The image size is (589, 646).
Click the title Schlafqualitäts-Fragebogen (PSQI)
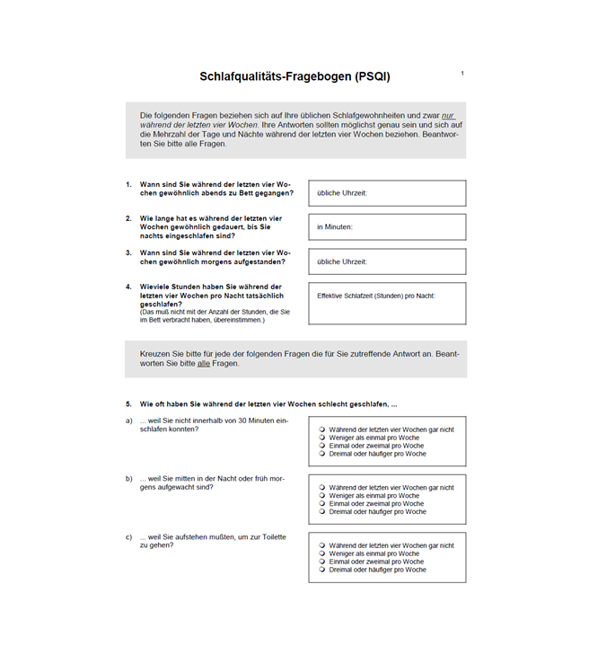(294, 77)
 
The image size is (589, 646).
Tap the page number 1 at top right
(462, 74)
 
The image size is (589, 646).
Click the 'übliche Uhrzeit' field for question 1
(387, 193)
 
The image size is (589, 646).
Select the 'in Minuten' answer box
(387, 227)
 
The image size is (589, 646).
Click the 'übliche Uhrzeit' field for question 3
(387, 261)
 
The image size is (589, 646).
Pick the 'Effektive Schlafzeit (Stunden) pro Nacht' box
(387, 304)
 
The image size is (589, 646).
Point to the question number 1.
(128, 184)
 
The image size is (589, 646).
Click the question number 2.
(128, 218)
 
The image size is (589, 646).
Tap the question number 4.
(128, 287)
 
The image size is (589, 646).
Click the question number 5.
(128, 404)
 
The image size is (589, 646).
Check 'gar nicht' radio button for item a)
(322, 429)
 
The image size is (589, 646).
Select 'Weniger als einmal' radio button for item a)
(322, 438)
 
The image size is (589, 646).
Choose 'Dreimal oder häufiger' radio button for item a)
(322, 454)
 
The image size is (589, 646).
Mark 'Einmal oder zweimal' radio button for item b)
(322, 503)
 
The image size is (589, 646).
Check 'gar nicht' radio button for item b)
(322, 487)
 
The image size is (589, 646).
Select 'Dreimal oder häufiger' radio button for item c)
(322, 570)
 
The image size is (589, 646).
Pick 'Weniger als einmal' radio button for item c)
(322, 553)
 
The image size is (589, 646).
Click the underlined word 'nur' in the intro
(447, 116)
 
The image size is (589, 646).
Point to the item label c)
(128, 537)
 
